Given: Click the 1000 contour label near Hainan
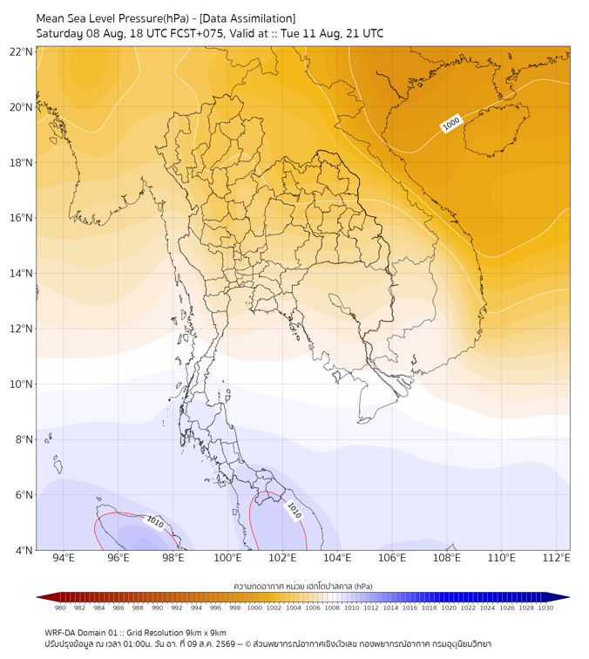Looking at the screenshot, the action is (451, 124).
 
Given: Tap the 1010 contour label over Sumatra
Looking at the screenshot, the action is (154, 522).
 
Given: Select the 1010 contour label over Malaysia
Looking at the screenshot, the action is (294, 510).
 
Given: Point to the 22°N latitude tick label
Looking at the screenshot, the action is (21, 52).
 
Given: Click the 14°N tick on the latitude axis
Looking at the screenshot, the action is (21, 273).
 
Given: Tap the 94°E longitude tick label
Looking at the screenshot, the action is (64, 558).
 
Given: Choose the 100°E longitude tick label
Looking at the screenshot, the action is (227, 558).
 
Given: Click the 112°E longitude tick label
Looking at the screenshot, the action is (556, 558).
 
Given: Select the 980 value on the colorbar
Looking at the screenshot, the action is (60, 608).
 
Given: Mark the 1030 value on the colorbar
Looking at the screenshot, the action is (545, 608).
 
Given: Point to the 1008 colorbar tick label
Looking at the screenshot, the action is (332, 608).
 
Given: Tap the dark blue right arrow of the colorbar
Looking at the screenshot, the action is (558, 597).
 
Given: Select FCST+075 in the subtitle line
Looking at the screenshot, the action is (197, 34).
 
